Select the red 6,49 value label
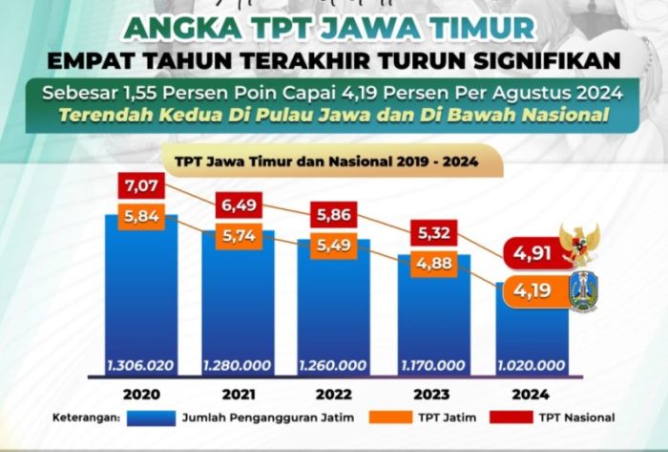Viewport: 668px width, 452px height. [240, 204]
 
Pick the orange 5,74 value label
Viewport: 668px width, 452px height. [240, 235]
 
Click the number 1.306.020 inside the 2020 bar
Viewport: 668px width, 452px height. [141, 366]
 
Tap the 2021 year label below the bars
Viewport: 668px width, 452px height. [238, 394]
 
